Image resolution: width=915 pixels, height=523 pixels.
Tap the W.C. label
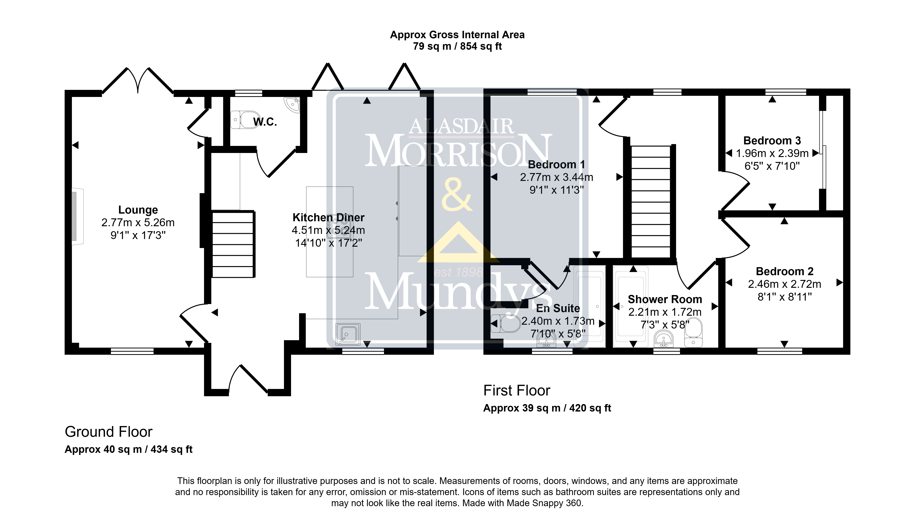point(265,122)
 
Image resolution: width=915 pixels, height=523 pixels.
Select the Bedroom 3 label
point(772,140)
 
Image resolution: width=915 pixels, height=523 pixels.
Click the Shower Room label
point(665,299)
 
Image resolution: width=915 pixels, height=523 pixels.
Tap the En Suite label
point(558,308)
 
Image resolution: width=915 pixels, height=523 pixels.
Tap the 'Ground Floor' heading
point(108,432)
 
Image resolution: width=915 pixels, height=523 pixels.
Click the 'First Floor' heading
point(517,390)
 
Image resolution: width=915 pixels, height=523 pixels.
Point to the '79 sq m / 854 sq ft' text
point(457,46)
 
